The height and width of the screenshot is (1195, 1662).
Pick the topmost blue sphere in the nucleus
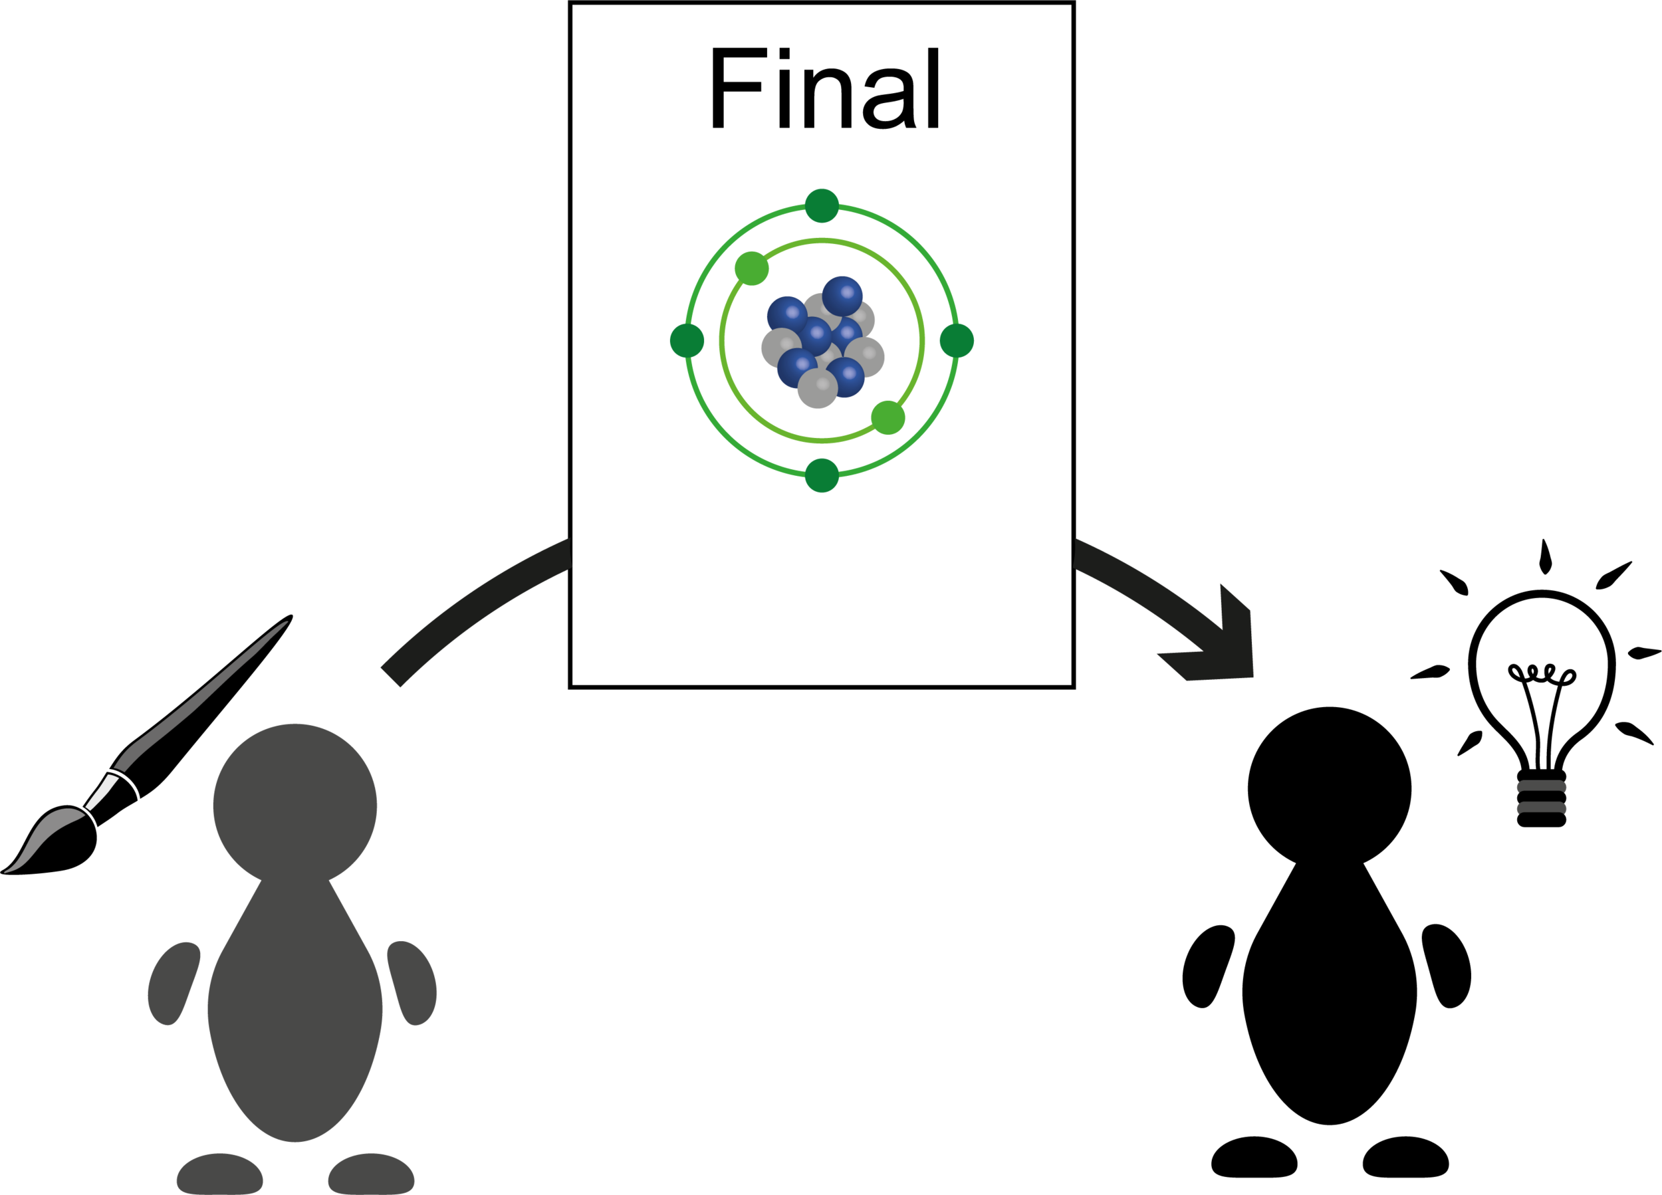(x=842, y=294)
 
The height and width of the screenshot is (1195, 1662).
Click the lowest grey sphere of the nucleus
(x=817, y=387)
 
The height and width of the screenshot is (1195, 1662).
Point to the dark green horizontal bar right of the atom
(x=1004, y=342)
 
